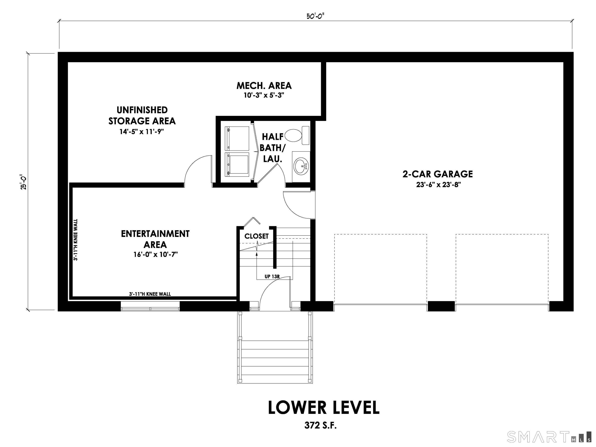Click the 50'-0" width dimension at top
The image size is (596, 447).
point(315,16)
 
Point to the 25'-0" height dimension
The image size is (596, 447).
point(24,182)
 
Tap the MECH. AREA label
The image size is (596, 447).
point(264,86)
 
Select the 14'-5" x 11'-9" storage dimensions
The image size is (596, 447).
point(142,132)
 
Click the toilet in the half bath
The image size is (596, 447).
point(296,135)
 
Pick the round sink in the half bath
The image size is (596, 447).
point(301,166)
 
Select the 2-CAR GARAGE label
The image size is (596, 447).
point(437,174)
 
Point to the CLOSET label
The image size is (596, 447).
point(256,236)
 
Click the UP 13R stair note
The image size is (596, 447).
point(272,276)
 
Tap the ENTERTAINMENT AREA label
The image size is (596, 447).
point(155,239)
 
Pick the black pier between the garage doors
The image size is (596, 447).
point(441,306)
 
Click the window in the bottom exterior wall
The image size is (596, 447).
point(150,306)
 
